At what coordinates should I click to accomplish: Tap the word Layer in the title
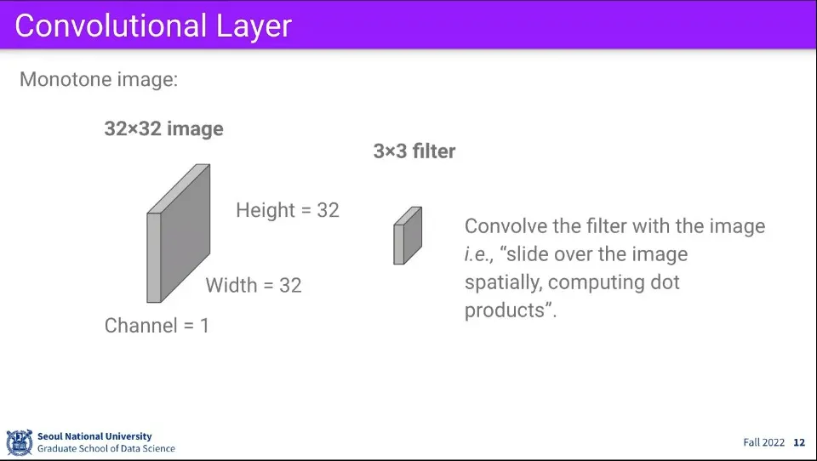254,27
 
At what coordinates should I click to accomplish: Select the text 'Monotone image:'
99,80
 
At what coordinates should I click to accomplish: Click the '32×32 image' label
163,128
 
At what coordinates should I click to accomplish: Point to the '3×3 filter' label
414,151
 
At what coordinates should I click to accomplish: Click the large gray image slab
178,233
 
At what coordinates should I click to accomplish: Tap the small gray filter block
408,236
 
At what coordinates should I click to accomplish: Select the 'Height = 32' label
287,210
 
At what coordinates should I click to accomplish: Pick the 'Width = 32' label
254,286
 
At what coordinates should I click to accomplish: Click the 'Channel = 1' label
157,326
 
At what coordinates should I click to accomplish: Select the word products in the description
505,311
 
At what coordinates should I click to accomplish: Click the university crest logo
20,443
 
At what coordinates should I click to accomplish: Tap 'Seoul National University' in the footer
94,436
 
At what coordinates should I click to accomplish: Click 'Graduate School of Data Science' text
106,448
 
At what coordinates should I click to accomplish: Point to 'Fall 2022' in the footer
763,443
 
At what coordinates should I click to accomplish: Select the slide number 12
799,443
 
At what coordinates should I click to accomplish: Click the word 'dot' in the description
665,282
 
